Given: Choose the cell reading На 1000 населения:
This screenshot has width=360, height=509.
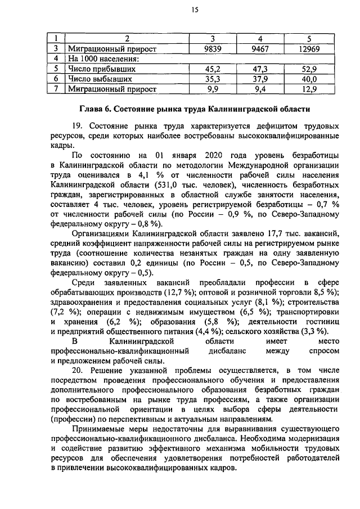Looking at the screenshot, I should pos(103,59).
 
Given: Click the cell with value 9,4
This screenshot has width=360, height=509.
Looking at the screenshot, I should pos(260,89).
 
